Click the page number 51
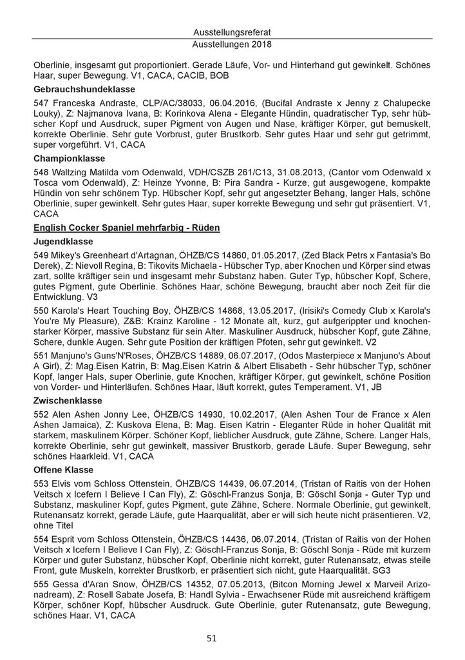(232, 638)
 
